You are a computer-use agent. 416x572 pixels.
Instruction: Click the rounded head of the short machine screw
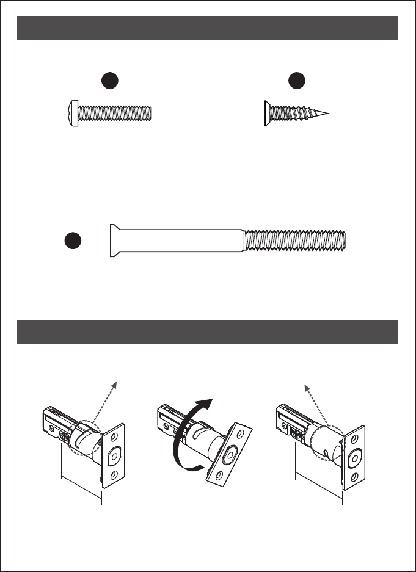click(70, 114)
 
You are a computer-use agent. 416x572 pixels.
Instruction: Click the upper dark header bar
click(208, 29)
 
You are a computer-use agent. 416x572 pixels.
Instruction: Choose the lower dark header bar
click(208, 331)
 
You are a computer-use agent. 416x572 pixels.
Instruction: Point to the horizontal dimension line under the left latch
click(82, 489)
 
